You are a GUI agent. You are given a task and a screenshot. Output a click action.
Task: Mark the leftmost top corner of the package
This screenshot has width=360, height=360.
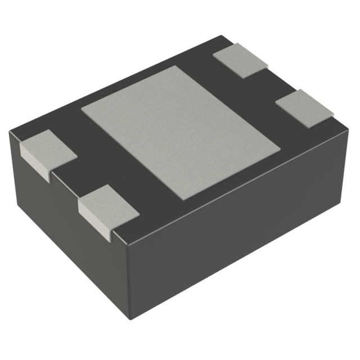pyautogui.click(x=10, y=132)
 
